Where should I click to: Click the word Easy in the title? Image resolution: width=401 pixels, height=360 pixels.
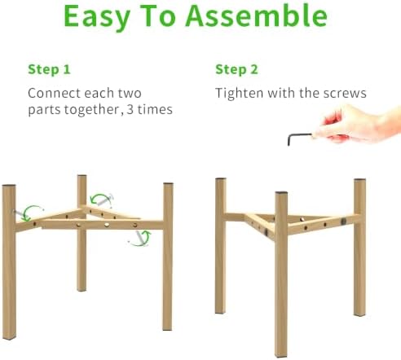(97, 17)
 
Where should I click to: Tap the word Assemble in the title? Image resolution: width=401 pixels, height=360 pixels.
(257, 15)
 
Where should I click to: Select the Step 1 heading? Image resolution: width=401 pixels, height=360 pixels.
(49, 69)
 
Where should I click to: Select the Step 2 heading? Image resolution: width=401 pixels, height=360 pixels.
(236, 69)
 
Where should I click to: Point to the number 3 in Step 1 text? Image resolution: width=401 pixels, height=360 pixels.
(130, 109)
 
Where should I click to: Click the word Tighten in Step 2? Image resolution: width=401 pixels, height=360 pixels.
(240, 93)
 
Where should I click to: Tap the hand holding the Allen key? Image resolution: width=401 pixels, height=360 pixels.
(359, 125)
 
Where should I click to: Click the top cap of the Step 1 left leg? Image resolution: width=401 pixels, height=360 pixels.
(9, 185)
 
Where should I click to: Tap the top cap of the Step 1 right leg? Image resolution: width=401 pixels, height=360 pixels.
(168, 184)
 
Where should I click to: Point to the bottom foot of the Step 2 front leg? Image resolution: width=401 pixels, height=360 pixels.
(281, 356)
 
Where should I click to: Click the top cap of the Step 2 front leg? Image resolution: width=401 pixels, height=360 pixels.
(281, 193)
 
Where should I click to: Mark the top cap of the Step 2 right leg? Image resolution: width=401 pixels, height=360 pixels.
(359, 180)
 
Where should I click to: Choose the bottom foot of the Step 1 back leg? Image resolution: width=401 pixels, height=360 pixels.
(82, 290)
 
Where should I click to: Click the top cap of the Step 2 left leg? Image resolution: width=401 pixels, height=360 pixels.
(221, 179)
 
